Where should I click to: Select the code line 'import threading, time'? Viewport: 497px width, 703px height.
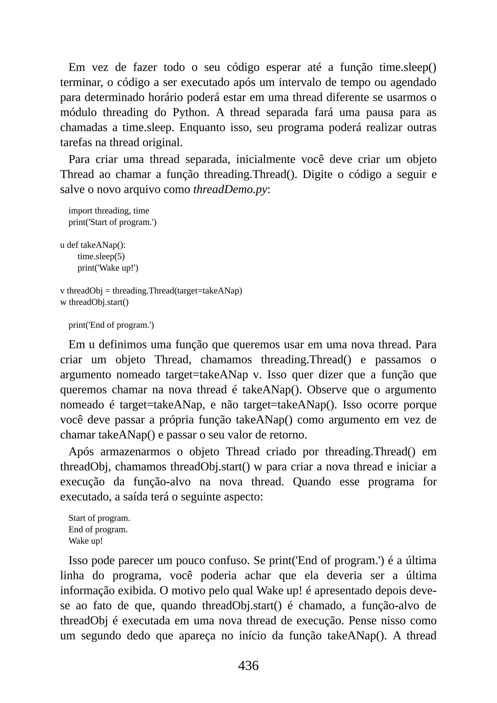pos(109,211)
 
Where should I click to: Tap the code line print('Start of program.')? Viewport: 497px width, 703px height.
pos(112,222)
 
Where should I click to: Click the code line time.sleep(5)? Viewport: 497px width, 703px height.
pos(101,256)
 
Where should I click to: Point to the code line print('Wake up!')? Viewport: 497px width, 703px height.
pos(108,268)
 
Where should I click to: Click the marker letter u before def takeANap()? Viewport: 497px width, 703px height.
pos(62,245)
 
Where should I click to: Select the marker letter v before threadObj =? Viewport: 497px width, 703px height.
pos(62,291)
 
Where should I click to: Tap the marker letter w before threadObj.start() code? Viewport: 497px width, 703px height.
pos(63,302)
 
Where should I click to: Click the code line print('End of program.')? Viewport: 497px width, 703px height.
pos(111,325)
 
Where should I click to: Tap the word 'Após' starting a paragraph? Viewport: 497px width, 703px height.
pos(81,452)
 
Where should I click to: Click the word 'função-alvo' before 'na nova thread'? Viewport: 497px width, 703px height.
pos(162,482)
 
